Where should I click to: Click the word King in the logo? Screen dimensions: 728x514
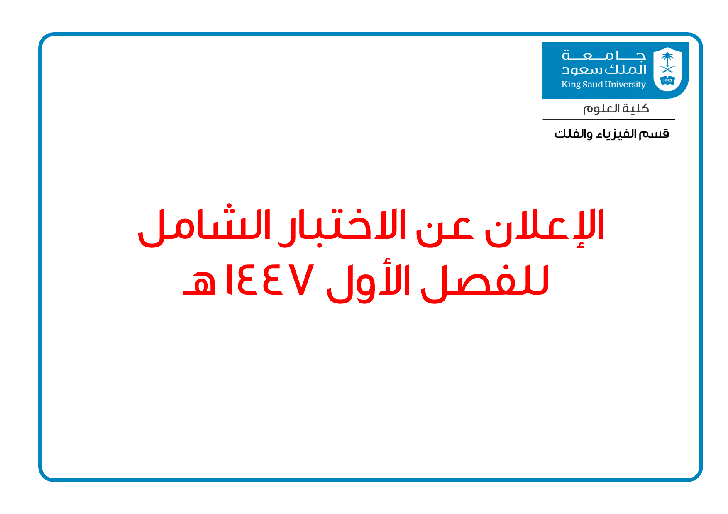point(571,85)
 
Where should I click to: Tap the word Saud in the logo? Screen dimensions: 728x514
point(593,85)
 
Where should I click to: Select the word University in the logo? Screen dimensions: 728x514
point(625,85)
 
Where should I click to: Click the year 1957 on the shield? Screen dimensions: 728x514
point(667,81)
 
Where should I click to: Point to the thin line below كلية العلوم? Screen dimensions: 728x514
point(609,120)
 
